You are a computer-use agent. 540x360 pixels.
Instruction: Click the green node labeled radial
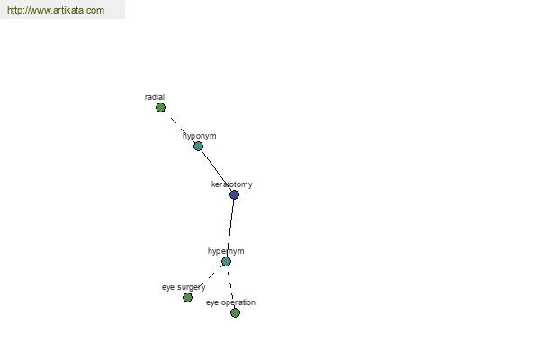pyautogui.click(x=160, y=108)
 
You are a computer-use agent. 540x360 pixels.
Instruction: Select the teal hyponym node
pyautogui.click(x=198, y=147)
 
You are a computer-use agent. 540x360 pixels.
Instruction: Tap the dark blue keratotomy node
pyautogui.click(x=234, y=195)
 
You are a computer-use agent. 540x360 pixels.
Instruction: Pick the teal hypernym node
pyautogui.click(x=226, y=262)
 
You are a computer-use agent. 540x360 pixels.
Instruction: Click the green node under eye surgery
pyautogui.click(x=188, y=297)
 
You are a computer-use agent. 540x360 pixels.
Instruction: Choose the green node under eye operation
pyautogui.click(x=235, y=313)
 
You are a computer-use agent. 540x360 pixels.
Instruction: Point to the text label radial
pyautogui.click(x=155, y=97)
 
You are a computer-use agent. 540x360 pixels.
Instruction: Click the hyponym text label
pyautogui.click(x=200, y=136)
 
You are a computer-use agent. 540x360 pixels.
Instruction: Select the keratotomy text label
pyautogui.click(x=232, y=184)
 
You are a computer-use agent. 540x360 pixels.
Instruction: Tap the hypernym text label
pyautogui.click(x=226, y=251)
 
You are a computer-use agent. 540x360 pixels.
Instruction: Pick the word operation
pyautogui.click(x=238, y=302)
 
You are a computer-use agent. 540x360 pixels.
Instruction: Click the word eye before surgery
pyautogui.click(x=168, y=288)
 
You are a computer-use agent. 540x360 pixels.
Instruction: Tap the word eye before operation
pyautogui.click(x=212, y=302)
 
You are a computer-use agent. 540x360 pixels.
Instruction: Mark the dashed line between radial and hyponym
pyautogui.click(x=179, y=127)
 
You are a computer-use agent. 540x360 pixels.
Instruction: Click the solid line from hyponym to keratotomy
pyautogui.click(x=216, y=170)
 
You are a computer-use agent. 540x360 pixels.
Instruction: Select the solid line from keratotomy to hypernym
pyautogui.click(x=230, y=228)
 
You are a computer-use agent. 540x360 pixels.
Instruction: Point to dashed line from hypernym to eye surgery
pyautogui.click(x=207, y=279)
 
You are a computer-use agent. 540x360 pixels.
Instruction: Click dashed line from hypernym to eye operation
pyautogui.click(x=230, y=287)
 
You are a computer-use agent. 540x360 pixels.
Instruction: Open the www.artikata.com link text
pyautogui.click(x=56, y=10)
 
